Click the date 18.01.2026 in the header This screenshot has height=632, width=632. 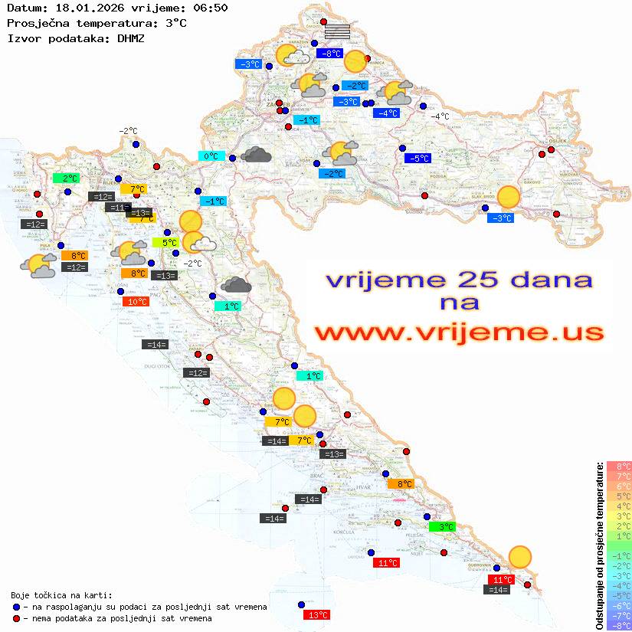tap(80, 8)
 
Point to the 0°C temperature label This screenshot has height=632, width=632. tap(211, 156)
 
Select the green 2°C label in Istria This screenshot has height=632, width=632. tap(67, 178)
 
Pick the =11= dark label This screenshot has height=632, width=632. tap(118, 208)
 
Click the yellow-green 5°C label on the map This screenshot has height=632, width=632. tap(169, 243)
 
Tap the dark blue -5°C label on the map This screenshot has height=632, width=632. tap(418, 159)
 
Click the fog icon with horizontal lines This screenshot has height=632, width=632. tap(337, 31)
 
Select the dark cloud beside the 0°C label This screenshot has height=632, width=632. tap(256, 155)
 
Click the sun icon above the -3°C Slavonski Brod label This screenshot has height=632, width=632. tap(508, 197)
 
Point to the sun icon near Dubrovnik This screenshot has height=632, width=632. tap(520, 556)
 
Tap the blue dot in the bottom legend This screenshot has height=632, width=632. tap(16, 607)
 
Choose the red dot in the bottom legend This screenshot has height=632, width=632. tap(16, 618)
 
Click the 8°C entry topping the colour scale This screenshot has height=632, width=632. tap(619, 466)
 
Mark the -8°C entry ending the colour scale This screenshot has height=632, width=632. tap(619, 625)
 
